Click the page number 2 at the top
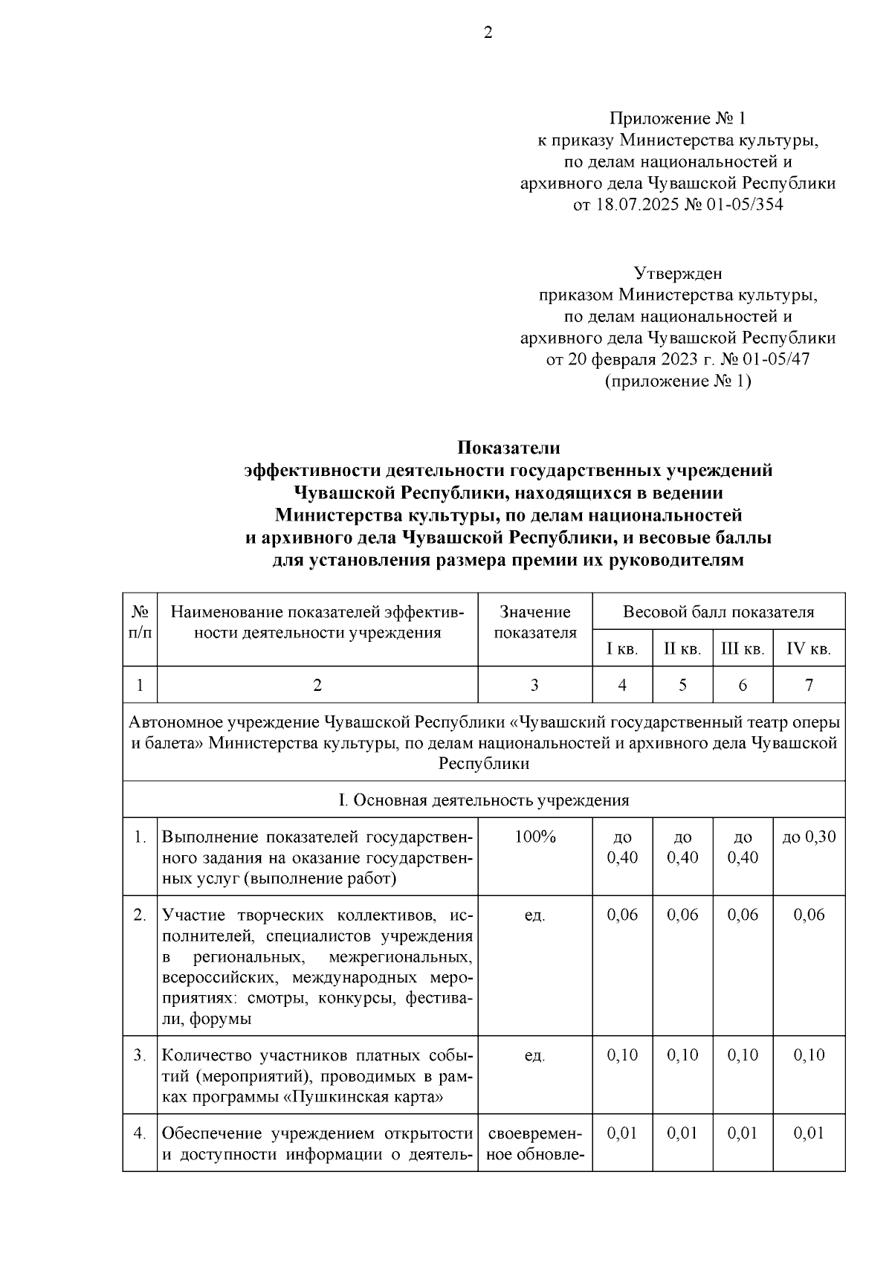tap(488, 33)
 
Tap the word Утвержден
tap(677, 274)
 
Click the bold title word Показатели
tap(508, 448)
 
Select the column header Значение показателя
tap(534, 622)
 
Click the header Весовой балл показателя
tap(718, 612)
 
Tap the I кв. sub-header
tap(622, 649)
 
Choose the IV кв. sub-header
tap(808, 649)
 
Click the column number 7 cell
tap(809, 685)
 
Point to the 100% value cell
tap(534, 837)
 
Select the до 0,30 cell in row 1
tap(809, 837)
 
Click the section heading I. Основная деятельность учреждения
tap(483, 800)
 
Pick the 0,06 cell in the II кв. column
tap(682, 915)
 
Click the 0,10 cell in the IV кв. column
tap(809, 1055)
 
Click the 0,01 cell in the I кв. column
tap(622, 1133)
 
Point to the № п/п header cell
tap(140, 622)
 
